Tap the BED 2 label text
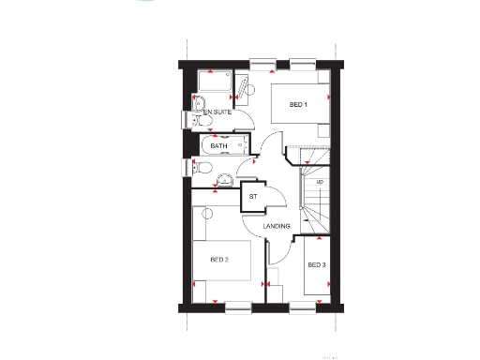pyautogui.click(x=219, y=260)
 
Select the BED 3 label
pyautogui.click(x=317, y=265)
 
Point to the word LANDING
pyautogui.click(x=276, y=228)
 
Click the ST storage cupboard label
pyautogui.click(x=252, y=197)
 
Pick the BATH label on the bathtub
pyautogui.click(x=218, y=146)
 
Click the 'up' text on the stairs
pyautogui.click(x=320, y=182)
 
